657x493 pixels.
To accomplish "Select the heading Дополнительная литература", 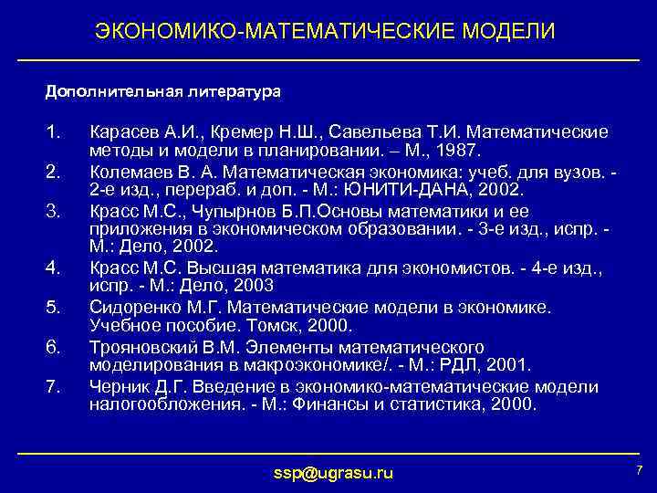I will coord(163,91).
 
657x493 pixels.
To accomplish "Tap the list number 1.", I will coord(52,131).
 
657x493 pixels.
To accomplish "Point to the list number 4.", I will coord(52,267).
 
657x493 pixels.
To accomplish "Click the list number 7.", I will coord(52,386).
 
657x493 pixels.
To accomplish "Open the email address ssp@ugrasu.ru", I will coord(334,472).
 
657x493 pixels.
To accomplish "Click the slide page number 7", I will coord(638,469).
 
